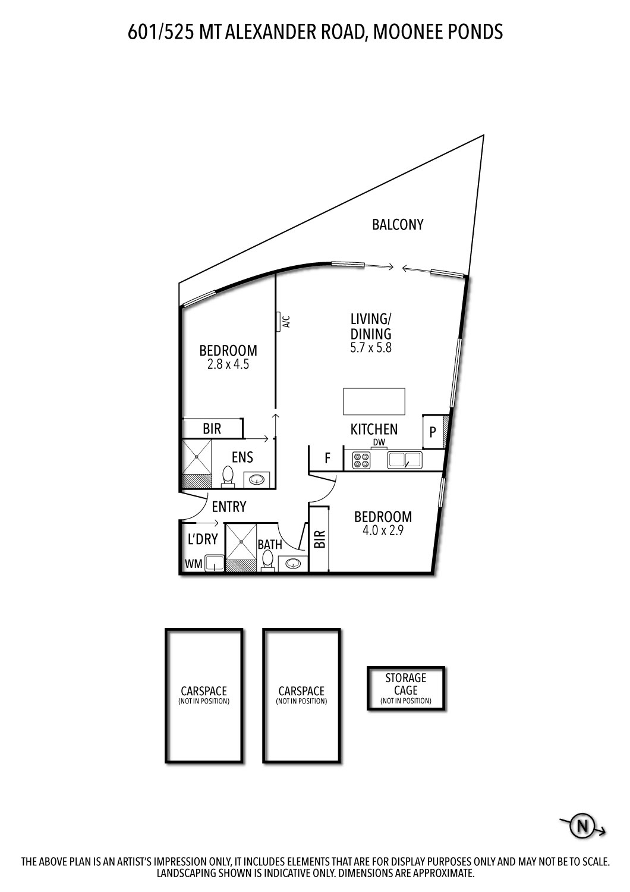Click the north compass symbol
click(583, 826)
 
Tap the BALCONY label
click(398, 224)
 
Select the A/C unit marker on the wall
click(278, 321)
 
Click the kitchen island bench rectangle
click(374, 401)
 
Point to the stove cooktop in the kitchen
click(361, 460)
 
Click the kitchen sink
click(404, 460)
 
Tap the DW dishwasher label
click(379, 442)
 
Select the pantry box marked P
click(433, 432)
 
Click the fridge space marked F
click(327, 458)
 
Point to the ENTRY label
click(229, 507)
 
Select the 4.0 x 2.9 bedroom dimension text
click(383, 531)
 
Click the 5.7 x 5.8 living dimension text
click(371, 348)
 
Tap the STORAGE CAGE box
click(406, 688)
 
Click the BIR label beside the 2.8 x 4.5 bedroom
click(212, 429)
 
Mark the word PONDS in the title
click(475, 31)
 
